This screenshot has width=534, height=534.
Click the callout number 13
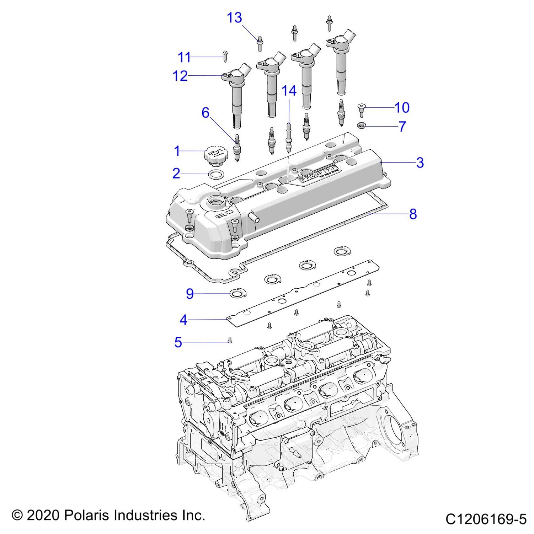point(234,18)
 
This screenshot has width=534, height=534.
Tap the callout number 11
point(184,57)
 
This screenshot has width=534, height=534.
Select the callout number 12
point(180,76)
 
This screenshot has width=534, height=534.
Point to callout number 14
point(289,91)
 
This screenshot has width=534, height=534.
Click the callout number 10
point(402,108)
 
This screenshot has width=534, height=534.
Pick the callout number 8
point(413,214)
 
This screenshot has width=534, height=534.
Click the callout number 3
point(420,163)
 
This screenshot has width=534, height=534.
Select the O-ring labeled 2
point(216,174)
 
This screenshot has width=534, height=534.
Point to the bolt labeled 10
point(362,110)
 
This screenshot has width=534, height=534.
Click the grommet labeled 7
point(362,126)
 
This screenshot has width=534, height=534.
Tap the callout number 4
point(183,320)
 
